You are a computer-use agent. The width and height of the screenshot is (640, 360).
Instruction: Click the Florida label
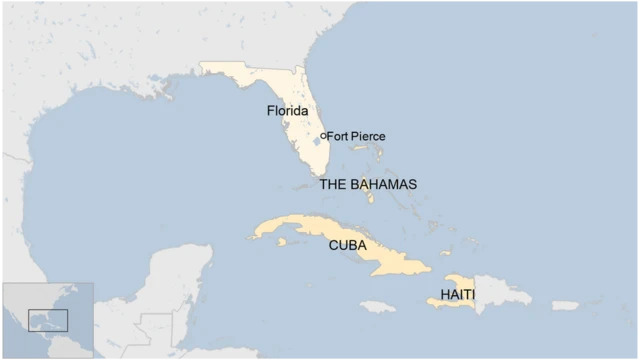pos(287,111)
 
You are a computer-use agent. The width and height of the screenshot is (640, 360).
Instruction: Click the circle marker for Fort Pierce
pos(322,136)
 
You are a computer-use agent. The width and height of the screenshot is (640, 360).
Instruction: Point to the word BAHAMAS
pos(383,185)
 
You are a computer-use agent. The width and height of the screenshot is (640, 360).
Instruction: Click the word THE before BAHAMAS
pos(332,185)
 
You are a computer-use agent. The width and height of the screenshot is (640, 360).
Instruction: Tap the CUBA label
pos(347,245)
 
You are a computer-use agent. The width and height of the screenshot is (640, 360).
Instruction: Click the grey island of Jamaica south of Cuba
pos(378,306)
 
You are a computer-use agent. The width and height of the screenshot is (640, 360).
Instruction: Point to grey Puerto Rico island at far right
pos(565,305)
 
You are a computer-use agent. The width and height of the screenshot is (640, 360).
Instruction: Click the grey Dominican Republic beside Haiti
pos(500,292)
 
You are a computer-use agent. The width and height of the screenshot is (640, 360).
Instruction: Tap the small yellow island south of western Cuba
pos(282,241)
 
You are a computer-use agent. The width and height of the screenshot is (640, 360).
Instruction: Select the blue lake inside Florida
pos(316,142)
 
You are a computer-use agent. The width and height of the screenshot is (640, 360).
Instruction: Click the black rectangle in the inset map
pos(47,320)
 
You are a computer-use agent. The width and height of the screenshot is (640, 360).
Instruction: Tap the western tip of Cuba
pos(254,236)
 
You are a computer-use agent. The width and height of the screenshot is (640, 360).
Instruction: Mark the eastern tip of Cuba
pos(429,267)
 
